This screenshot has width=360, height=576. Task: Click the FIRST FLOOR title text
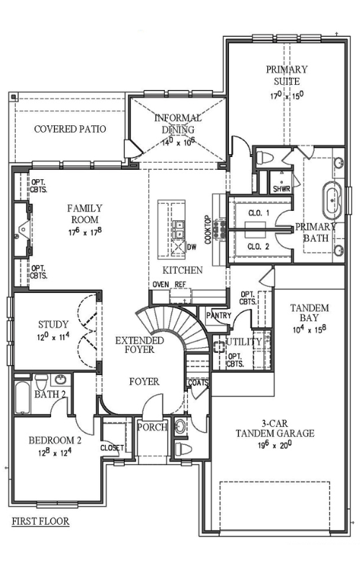[40, 521]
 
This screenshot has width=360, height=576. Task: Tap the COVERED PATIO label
[70, 129]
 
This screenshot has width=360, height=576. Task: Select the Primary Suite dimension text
[287, 96]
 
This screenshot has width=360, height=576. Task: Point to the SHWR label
[282, 189]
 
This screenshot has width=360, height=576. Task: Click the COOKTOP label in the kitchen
[208, 230]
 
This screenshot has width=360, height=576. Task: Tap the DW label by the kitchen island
[192, 246]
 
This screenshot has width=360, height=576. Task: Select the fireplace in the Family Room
[23, 230]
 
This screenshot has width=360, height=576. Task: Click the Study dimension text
[53, 337]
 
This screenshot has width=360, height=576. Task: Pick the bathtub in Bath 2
[22, 397]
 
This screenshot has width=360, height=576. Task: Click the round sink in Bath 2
[60, 379]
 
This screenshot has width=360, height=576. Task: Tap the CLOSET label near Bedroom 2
[112, 448]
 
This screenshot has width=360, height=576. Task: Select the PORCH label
[152, 427]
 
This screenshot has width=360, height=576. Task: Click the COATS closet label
[199, 383]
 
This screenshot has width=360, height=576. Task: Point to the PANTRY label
[219, 315]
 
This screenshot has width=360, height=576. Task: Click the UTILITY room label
[243, 341]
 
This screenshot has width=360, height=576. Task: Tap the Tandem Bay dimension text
[310, 329]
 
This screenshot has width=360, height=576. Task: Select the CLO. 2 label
[258, 246]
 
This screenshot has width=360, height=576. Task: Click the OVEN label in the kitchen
[161, 284]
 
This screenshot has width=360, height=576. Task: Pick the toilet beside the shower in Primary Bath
[264, 157]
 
